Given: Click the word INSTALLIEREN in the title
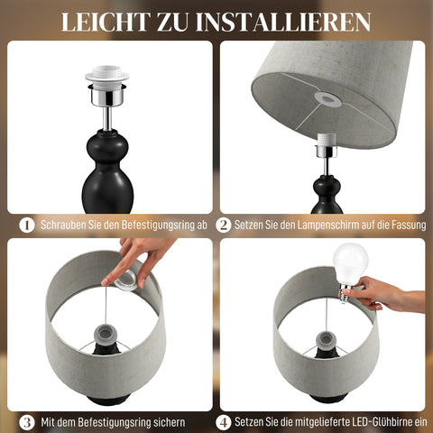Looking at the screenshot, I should click(287, 21).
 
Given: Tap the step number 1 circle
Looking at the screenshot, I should click(27, 225).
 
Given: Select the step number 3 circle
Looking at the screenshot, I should click(27, 421).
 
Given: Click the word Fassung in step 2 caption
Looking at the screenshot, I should click(397, 225).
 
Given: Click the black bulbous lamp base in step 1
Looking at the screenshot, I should click(107, 171).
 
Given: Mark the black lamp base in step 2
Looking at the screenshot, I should click(327, 194).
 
